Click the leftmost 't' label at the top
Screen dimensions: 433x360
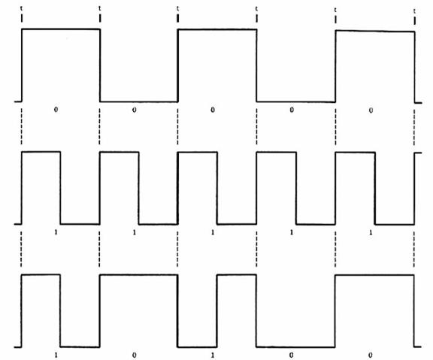click(22, 8)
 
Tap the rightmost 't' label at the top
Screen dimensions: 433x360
click(414, 11)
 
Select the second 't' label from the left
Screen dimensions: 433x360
click(100, 8)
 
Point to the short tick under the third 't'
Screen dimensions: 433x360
click(178, 18)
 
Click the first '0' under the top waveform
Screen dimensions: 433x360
click(56, 110)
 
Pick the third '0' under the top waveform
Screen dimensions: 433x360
click(212, 110)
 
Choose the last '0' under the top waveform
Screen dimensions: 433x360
click(371, 110)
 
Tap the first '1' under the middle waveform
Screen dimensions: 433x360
click(56, 232)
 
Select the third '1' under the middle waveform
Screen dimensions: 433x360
click(212, 232)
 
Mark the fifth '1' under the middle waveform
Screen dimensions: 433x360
click(371, 233)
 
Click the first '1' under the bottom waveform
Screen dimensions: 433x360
click(56, 355)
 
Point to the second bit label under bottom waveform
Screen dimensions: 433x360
click(134, 355)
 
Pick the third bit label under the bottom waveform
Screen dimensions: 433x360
click(212, 355)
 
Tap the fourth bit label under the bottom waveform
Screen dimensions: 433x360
click(291, 355)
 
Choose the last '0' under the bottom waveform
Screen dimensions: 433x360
click(370, 355)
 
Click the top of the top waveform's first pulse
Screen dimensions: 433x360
click(61, 29)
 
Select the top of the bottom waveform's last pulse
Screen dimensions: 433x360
click(374, 275)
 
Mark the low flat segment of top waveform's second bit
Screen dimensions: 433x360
click(139, 101)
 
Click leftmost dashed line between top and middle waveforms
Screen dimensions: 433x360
click(21, 126)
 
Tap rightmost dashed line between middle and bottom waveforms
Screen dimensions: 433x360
click(414, 250)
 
